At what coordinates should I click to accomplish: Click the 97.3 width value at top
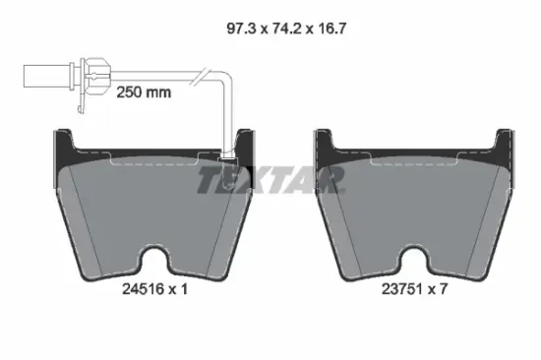coord(241,29)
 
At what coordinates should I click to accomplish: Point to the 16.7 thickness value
coord(331,29)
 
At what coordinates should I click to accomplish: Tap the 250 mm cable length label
coord(144,92)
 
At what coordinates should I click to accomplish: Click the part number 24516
coord(144,289)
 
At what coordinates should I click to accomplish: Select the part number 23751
coord(402,289)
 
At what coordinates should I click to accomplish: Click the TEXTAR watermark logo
coord(270,179)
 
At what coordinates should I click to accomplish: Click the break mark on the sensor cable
coord(200,77)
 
